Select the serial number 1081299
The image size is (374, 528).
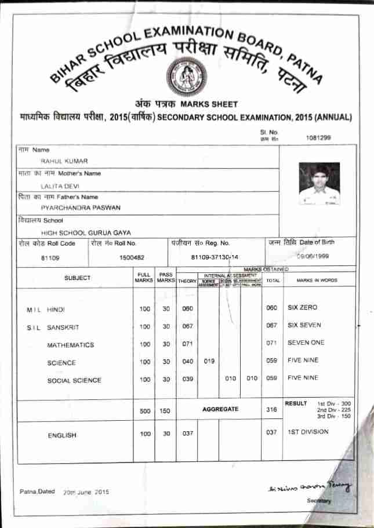coord(318,138)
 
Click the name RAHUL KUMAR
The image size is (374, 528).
coord(64,161)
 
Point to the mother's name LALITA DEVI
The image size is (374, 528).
coord(60,186)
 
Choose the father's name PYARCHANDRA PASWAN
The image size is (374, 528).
coord(81,207)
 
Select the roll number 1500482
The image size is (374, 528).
coord(132,257)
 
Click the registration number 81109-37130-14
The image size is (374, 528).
coord(215,257)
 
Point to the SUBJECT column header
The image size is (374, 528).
coord(77,278)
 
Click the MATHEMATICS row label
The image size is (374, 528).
coord(70,345)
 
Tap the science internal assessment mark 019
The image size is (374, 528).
coord(209,362)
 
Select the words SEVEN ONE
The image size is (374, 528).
coord(306,343)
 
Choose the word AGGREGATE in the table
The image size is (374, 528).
coord(220,409)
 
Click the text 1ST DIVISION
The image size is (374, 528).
coord(308,432)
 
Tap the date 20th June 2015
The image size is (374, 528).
coord(86,491)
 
